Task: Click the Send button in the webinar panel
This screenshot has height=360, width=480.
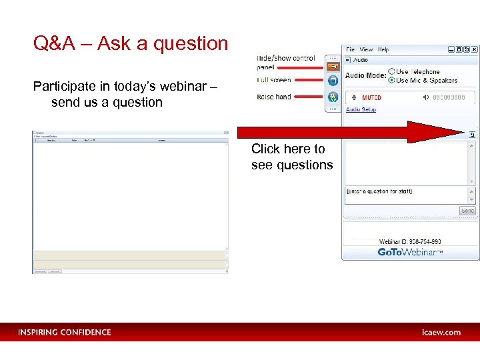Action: (x=468, y=211)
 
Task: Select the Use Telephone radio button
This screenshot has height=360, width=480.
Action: (x=392, y=71)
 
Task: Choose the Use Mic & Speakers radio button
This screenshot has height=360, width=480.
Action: (x=392, y=80)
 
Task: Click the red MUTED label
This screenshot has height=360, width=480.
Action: (x=371, y=98)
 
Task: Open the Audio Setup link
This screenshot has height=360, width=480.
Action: (x=361, y=109)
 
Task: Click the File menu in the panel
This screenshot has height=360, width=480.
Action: (x=350, y=49)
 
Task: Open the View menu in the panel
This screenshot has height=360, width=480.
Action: (x=366, y=49)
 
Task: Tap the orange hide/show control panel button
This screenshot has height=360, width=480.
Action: (x=333, y=66)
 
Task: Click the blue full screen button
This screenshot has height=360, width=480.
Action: (x=333, y=81)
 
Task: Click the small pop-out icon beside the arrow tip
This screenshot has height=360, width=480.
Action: (x=473, y=134)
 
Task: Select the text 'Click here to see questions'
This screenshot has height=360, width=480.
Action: (x=291, y=157)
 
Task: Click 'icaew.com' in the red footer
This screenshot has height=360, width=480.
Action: (x=441, y=332)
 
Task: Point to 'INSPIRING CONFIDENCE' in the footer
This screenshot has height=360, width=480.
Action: (x=65, y=332)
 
